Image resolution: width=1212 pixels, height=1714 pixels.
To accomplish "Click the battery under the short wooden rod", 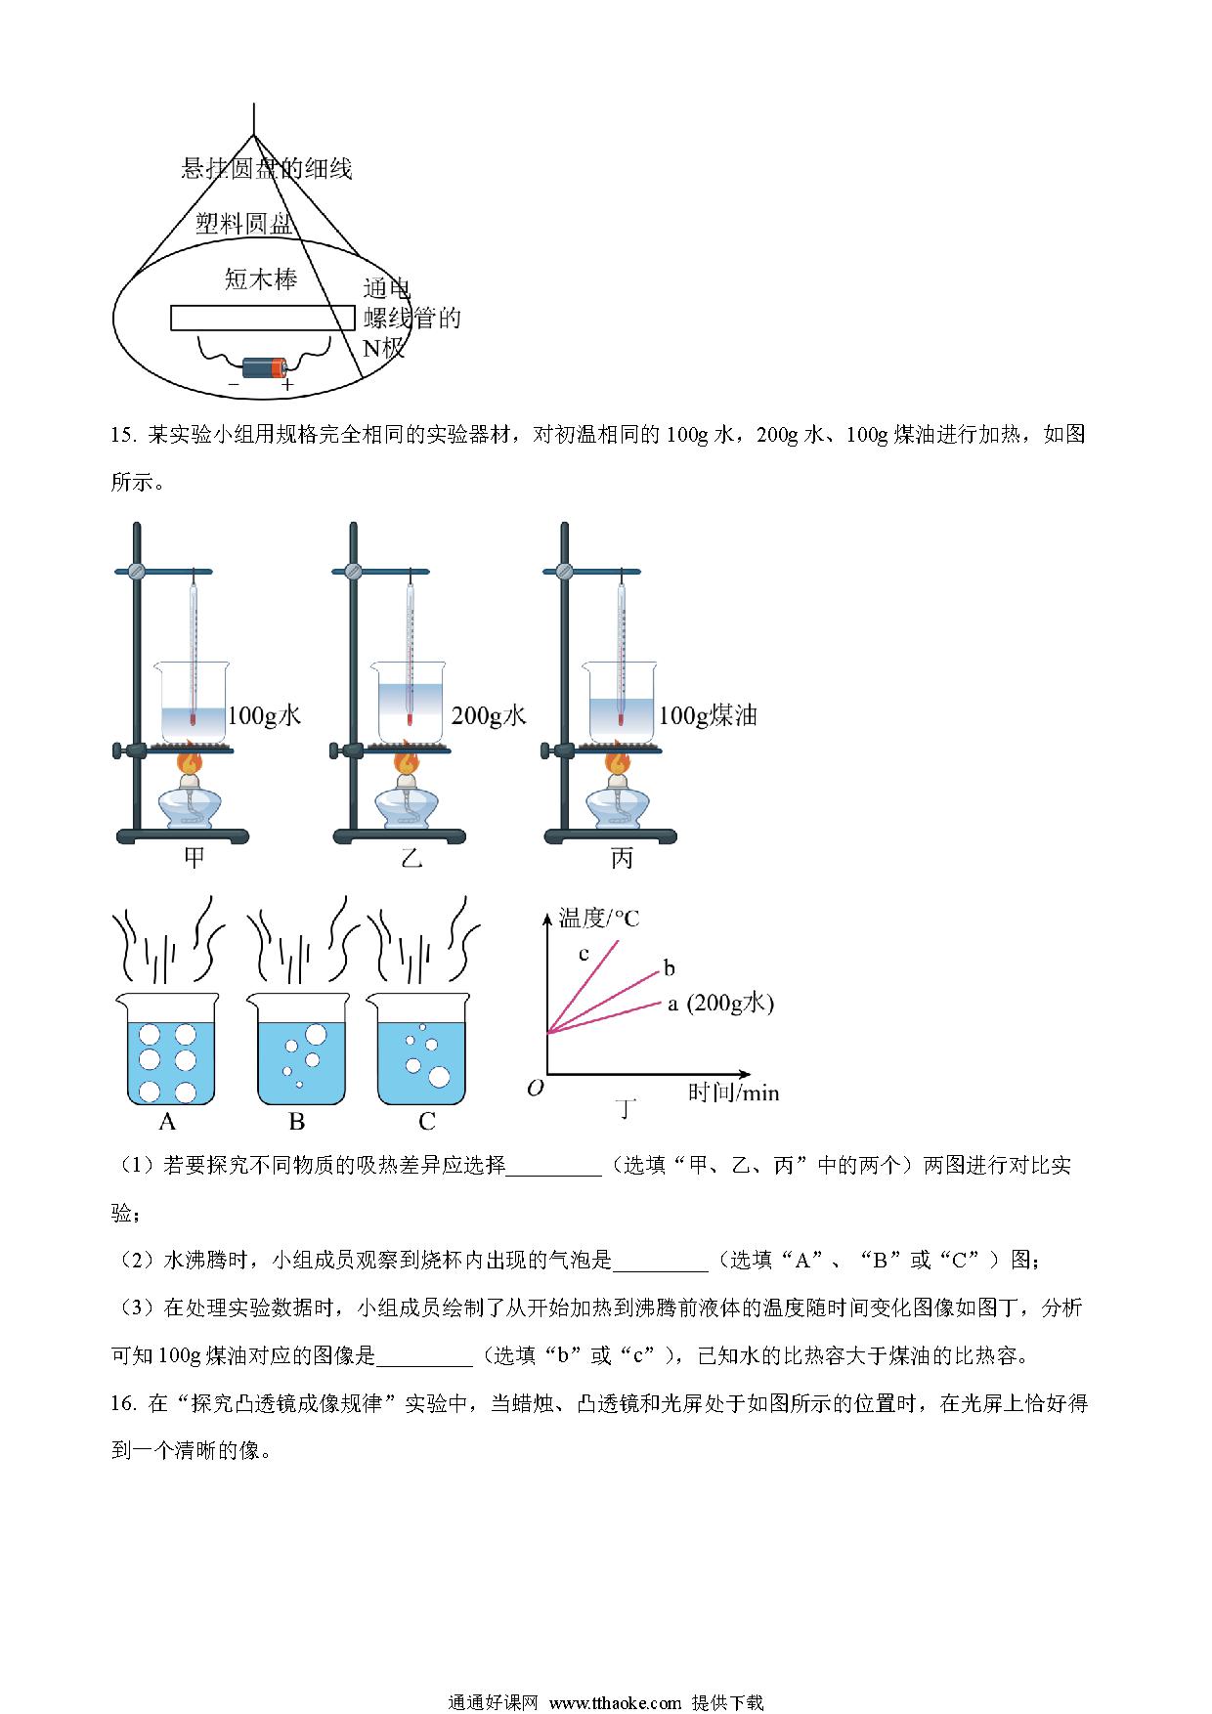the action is [x=264, y=367].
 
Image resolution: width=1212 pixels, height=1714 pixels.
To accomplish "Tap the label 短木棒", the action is [x=260, y=280].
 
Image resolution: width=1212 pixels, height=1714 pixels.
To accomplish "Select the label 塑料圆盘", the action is [x=244, y=224].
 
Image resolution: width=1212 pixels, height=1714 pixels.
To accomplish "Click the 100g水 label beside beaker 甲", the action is [x=264, y=716].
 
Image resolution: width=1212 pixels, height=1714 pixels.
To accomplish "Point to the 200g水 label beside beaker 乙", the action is [x=489, y=716].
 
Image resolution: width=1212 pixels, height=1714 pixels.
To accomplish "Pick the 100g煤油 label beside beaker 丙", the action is [x=708, y=716].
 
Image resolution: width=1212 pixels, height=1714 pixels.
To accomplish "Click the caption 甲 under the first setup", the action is [x=195, y=858].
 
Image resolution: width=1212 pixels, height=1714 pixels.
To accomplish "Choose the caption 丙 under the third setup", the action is [x=622, y=858].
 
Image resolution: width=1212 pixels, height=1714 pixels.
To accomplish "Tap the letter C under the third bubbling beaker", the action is [x=426, y=1121].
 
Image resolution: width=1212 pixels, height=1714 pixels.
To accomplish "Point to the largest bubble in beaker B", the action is [x=316, y=1033].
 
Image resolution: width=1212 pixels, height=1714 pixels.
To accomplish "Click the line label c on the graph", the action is [x=584, y=954].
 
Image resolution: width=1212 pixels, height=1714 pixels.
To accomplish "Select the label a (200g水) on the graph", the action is [x=720, y=1004].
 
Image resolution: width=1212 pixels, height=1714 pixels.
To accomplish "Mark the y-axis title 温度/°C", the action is [x=598, y=918].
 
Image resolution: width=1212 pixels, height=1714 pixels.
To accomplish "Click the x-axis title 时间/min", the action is [x=733, y=1093].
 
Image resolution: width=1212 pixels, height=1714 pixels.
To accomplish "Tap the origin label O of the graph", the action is [x=535, y=1088].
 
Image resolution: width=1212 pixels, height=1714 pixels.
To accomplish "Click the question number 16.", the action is [x=122, y=1404].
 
